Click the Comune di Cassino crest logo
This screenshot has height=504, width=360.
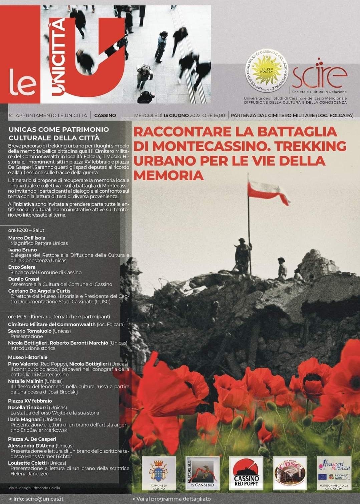pos(159,473)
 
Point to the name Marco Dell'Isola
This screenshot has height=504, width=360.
pos(27,238)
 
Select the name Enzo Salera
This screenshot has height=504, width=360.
pos(22,267)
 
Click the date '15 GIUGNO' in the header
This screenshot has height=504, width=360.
pos(176,115)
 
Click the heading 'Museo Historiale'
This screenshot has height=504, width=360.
pos(28,357)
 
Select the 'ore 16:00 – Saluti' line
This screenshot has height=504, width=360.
pos(27,230)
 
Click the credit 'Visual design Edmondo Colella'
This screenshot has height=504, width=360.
pos(34,488)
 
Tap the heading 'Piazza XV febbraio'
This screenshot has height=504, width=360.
pos(30,401)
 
